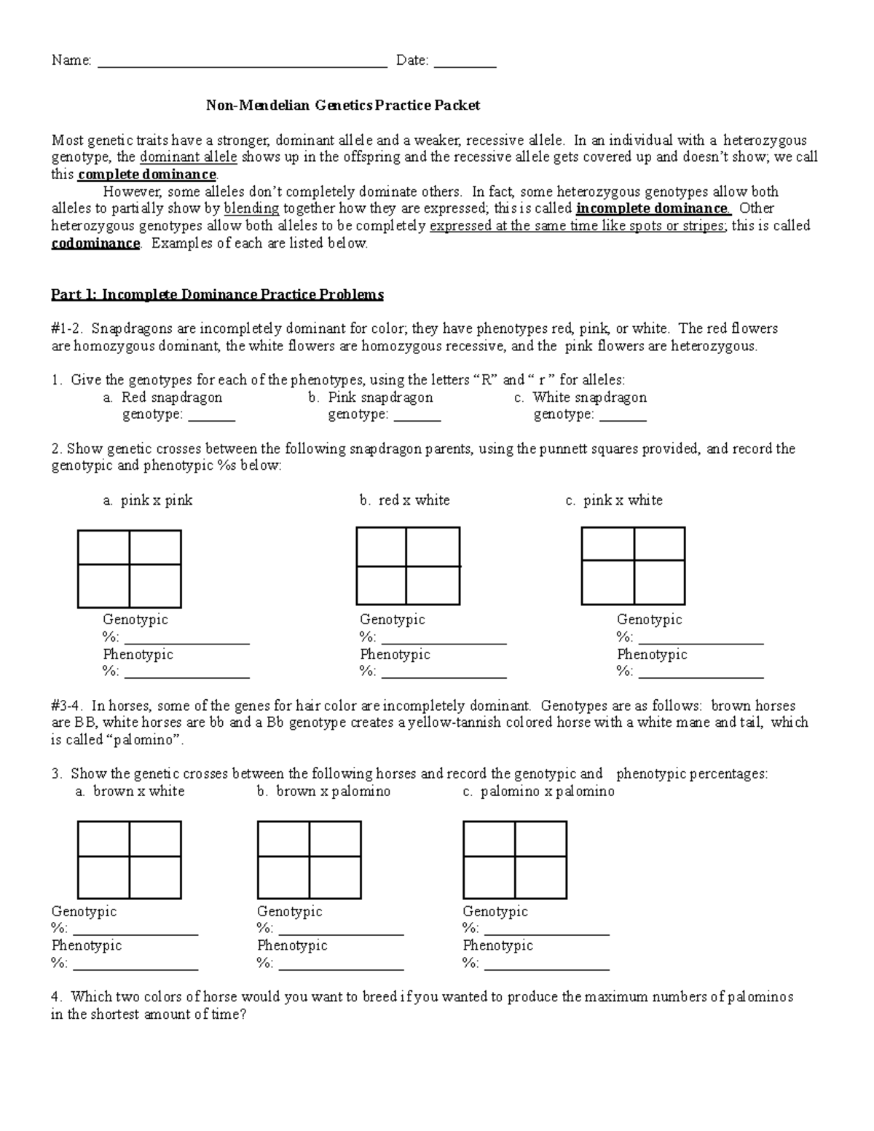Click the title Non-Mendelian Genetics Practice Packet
pyautogui.click(x=342, y=106)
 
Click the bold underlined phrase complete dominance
pyautogui.click(x=146, y=175)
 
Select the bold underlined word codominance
pyautogui.click(x=95, y=243)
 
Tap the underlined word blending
pyautogui.click(x=251, y=209)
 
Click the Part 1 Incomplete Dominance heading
pyautogui.click(x=217, y=295)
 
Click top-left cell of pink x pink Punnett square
pyautogui.click(x=103, y=547)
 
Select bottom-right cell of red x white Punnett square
pyautogui.click(x=433, y=586)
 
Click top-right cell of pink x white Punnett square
pyautogui.click(x=659, y=544)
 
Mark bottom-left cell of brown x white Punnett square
pyautogui.click(x=103, y=877)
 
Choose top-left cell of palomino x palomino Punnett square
pyautogui.click(x=489, y=838)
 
